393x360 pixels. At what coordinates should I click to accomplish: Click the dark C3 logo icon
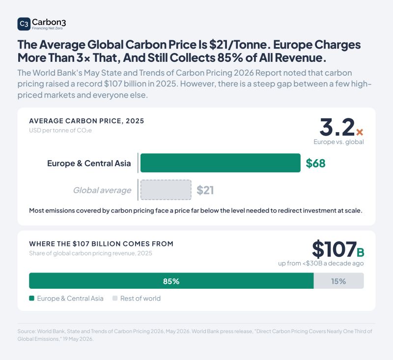click(24, 24)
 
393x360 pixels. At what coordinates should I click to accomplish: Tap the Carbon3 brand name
click(49, 22)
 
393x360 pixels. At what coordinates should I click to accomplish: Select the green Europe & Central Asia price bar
click(220, 163)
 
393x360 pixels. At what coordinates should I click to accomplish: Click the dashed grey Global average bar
click(166, 190)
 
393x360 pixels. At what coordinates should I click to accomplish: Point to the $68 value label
click(315, 164)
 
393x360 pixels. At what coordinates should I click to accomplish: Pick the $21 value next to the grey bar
click(205, 190)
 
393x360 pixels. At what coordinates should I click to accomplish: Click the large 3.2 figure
click(337, 127)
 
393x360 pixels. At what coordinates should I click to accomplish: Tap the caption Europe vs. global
click(338, 142)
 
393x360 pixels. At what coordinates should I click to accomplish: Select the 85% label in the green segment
click(171, 281)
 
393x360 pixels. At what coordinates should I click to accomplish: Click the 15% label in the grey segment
click(338, 281)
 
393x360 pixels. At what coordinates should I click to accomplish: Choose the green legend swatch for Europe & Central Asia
click(31, 298)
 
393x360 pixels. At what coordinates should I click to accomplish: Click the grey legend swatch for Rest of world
click(115, 298)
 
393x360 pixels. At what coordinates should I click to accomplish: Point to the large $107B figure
click(338, 249)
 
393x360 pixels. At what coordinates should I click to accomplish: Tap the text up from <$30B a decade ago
click(321, 263)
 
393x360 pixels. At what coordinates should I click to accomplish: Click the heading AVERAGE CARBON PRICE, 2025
click(86, 121)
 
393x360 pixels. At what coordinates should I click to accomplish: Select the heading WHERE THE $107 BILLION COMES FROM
click(101, 244)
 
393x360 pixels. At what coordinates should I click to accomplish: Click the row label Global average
click(102, 191)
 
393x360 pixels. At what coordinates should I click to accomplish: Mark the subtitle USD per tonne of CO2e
click(60, 130)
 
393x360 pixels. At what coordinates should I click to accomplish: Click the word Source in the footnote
click(26, 331)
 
